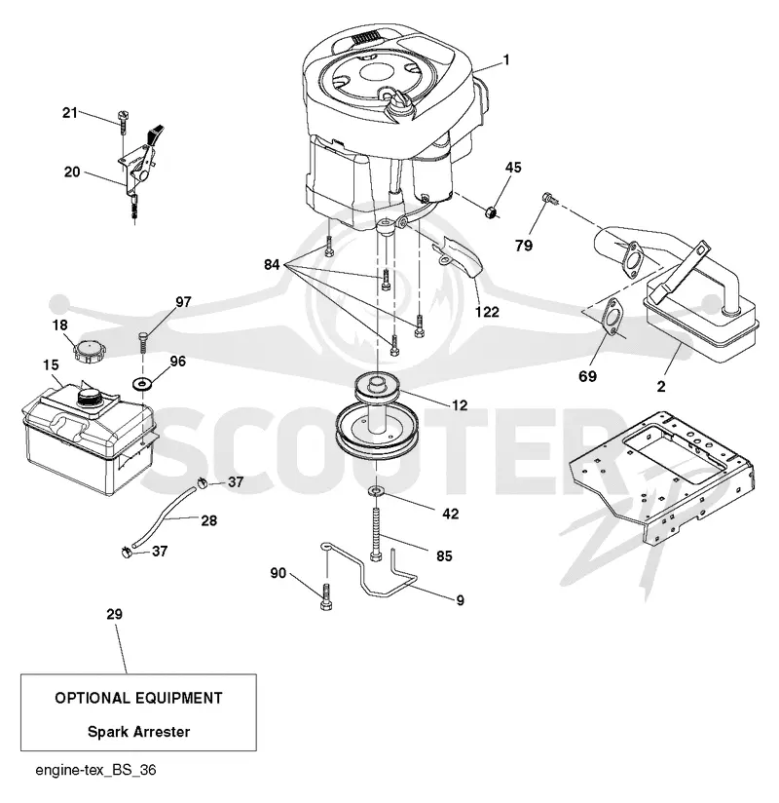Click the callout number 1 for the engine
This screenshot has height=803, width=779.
pos(506,60)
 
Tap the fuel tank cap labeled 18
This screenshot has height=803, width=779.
pos(90,351)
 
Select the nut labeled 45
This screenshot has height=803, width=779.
pos(492,211)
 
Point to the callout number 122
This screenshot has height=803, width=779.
pos(487,312)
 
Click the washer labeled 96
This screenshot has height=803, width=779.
pos(141,383)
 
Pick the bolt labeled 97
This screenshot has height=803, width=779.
pos(142,341)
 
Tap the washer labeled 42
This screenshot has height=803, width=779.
pos(376,491)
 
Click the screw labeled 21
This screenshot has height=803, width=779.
pos(123,121)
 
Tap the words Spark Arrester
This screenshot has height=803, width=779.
pos(138,731)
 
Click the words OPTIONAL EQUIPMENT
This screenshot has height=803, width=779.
pos(138,698)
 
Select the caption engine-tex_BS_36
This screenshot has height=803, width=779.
pos(95,770)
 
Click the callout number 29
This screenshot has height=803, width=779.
pos(115,614)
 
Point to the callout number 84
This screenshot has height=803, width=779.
pos(272,264)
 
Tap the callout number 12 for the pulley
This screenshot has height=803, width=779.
pos(460,405)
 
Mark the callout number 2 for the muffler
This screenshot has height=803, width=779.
pos(661,386)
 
